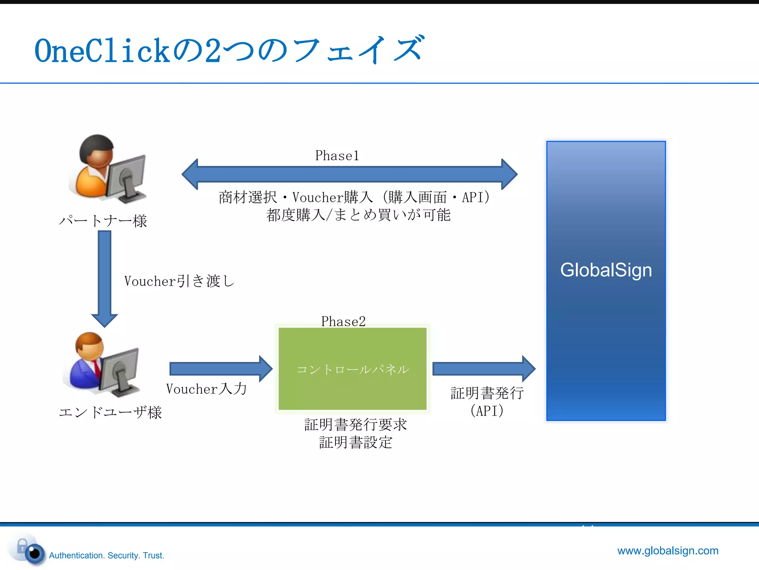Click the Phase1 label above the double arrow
tap(337, 155)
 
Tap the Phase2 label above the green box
tap(343, 321)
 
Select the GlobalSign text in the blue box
tap(606, 270)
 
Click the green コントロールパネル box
tap(352, 368)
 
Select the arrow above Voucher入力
tap(221, 368)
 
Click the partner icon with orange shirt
tap(107, 169)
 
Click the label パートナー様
tap(103, 221)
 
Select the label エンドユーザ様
tap(110, 412)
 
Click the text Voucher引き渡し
tap(179, 281)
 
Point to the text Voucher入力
tap(206, 389)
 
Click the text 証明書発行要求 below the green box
tap(355, 424)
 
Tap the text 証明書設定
tap(355, 442)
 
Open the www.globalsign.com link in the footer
tap(667, 550)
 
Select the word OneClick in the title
tap(102, 51)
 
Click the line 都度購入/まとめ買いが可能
tap(358, 215)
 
